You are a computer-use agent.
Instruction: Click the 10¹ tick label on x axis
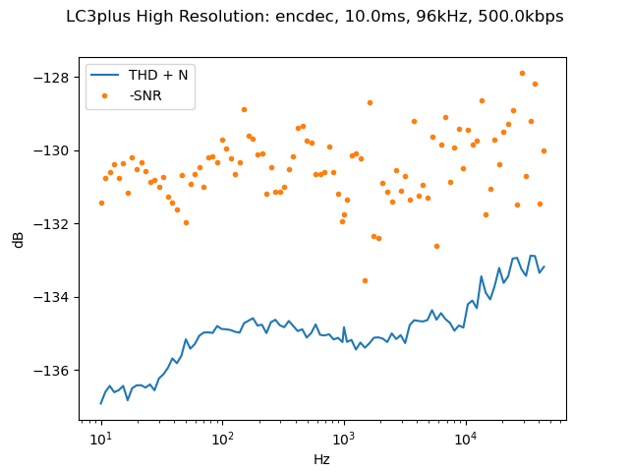tap(100, 438)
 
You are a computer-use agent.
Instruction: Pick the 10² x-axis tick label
tap(222, 438)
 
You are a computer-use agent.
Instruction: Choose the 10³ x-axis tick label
tap(343, 438)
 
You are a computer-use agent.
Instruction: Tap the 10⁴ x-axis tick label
tap(465, 438)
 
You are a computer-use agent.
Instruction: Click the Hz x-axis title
tap(321, 459)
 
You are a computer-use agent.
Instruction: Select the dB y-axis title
tap(19, 239)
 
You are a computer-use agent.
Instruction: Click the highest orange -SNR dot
tap(522, 73)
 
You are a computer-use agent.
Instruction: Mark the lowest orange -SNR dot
tap(365, 280)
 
